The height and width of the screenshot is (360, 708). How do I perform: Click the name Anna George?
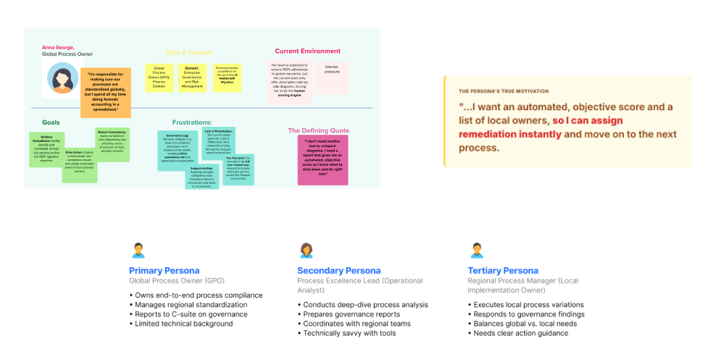58,47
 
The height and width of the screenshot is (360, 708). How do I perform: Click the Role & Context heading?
190,52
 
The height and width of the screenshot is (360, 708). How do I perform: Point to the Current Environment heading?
307,51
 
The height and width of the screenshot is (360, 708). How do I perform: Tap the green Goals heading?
51,122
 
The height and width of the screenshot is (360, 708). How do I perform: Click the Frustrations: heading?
191,122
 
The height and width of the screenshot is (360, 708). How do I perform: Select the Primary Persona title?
164,271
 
